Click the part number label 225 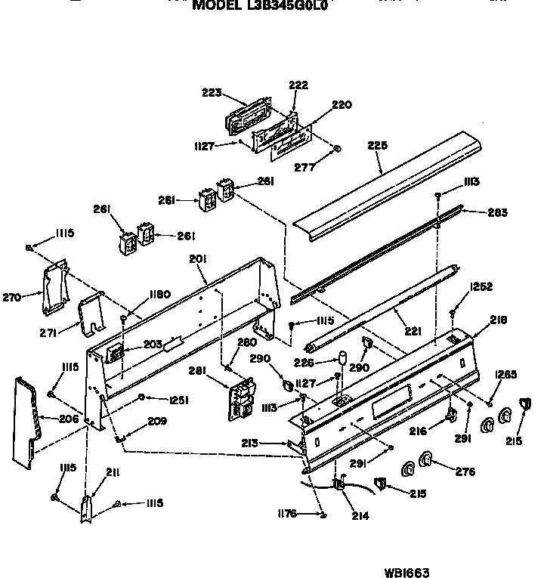coord(378,147)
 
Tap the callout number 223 coord(212,93)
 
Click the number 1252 coord(481,286)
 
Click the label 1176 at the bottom coord(288,515)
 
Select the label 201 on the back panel coord(197,259)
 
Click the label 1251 coord(178,400)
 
